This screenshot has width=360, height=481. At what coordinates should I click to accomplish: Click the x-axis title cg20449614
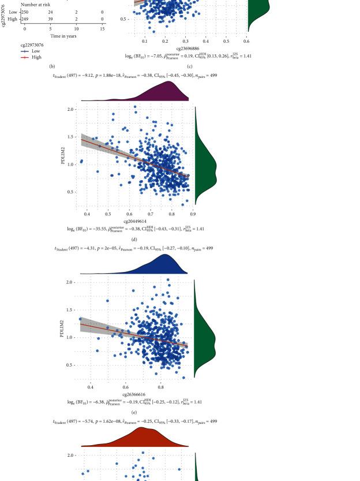pyautogui.click(x=134, y=221)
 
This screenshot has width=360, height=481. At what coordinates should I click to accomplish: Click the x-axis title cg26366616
pyautogui.click(x=134, y=394)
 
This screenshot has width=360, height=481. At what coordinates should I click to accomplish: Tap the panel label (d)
pyautogui.click(x=134, y=239)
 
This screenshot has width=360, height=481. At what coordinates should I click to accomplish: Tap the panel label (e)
pyautogui.click(x=134, y=412)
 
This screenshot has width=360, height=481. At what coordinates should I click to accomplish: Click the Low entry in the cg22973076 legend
pyautogui.click(x=36, y=51)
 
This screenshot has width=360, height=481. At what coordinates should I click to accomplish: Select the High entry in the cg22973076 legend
pyautogui.click(x=36, y=57)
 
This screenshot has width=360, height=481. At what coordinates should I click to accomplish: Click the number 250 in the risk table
pyautogui.click(x=25, y=12)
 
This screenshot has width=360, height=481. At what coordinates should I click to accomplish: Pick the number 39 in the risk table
pyautogui.click(x=50, y=18)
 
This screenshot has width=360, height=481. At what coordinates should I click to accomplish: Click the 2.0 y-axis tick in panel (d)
pyautogui.click(x=70, y=109)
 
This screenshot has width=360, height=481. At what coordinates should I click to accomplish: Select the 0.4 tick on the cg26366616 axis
pyautogui.click(x=91, y=387)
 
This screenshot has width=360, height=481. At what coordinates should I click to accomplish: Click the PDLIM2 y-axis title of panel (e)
pyautogui.click(x=62, y=328)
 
